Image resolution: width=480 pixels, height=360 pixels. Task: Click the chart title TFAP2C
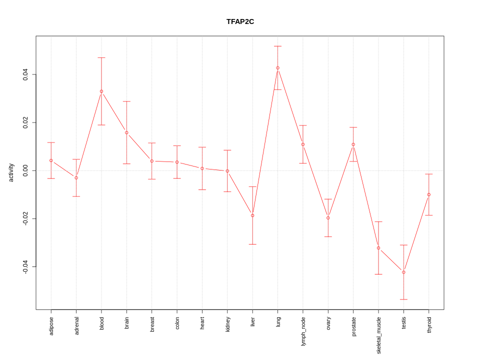[x=240, y=21]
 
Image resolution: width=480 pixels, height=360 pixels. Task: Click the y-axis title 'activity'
[x=11, y=172]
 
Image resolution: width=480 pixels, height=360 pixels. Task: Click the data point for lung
[x=278, y=68]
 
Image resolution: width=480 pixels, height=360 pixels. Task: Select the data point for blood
[x=101, y=91]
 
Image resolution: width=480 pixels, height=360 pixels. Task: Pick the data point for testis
[x=403, y=272]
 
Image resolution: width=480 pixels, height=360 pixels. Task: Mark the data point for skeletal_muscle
[x=378, y=248]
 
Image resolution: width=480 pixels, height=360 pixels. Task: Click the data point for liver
[x=252, y=215]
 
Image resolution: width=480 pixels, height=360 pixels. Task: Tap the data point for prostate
[x=353, y=144]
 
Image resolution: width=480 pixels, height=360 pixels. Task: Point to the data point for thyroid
[x=429, y=194]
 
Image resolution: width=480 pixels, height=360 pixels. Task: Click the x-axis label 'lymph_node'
[x=303, y=331]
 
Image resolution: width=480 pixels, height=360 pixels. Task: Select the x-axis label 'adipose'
[x=51, y=325]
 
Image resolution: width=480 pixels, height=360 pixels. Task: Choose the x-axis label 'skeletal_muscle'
[x=378, y=335]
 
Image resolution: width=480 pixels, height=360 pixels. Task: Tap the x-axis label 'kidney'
[x=227, y=324]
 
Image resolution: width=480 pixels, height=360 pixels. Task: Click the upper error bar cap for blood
[x=101, y=57]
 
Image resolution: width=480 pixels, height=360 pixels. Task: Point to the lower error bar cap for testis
[x=403, y=299]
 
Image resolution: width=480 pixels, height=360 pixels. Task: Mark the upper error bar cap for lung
[x=278, y=46]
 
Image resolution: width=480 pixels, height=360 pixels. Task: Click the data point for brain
[x=126, y=132]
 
